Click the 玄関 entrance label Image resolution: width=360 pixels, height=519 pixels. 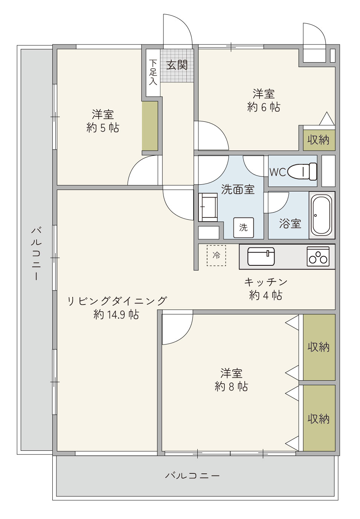177,65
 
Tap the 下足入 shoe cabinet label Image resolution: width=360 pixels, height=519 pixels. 153,72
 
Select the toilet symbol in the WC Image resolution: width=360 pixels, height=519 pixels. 302,171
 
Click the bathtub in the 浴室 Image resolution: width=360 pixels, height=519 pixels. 322,215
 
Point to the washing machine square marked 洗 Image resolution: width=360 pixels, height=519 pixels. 243,228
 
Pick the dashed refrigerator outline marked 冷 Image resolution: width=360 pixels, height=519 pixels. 216,256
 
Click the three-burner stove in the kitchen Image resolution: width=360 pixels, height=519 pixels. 318,257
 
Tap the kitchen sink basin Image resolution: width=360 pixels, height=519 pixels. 261,257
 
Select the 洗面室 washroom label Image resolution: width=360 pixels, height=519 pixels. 238,189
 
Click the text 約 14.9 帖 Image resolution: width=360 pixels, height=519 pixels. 116,314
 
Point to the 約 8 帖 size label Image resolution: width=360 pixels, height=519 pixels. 231,386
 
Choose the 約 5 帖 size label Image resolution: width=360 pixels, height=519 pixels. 102,128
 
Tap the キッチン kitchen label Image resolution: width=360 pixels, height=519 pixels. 265,282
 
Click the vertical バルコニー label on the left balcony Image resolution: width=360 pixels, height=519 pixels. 37,254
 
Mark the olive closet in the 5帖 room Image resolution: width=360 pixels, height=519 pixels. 150,126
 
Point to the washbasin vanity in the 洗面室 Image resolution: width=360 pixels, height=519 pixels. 208,207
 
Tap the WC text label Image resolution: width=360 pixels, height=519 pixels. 278,172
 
